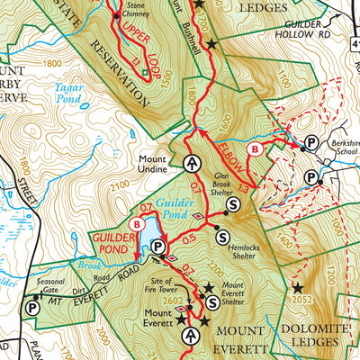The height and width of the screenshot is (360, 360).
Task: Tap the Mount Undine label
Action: click(x=158, y=162)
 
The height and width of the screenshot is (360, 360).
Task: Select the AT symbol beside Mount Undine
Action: click(x=192, y=163)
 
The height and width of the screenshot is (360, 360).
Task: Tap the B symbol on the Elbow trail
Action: click(x=255, y=147)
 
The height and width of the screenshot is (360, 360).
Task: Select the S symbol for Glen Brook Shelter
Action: click(x=234, y=204)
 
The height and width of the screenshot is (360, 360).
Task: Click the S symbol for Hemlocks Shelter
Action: click(x=222, y=236)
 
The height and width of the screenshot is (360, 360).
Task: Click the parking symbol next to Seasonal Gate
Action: click(x=33, y=307)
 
